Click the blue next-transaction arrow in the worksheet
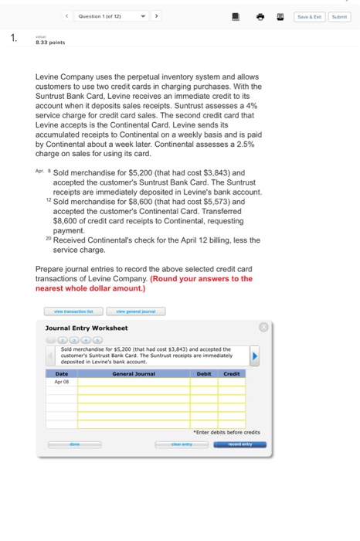point(256,357)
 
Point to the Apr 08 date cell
point(62,381)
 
